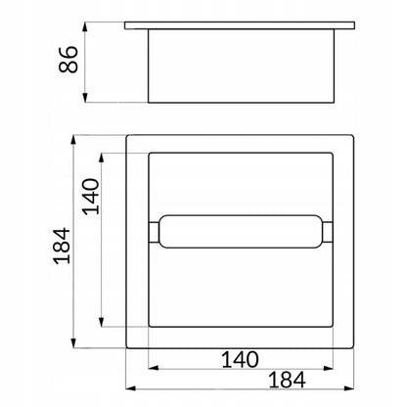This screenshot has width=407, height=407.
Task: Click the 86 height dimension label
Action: click(x=68, y=59)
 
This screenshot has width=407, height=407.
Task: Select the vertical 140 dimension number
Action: click(x=91, y=197)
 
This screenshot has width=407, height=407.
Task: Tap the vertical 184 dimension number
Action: click(x=62, y=246)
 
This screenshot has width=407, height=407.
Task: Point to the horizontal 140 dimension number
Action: click(x=240, y=359)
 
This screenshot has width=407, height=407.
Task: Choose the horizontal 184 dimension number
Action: click(x=287, y=380)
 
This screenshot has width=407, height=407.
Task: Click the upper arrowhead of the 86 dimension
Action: click(x=85, y=27)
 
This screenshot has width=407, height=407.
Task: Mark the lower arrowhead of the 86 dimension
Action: click(x=85, y=97)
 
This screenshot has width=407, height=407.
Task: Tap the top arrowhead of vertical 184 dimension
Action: click(x=73, y=140)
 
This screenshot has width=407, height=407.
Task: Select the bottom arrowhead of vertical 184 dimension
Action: click(x=73, y=343)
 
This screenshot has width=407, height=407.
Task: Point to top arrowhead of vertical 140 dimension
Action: click(x=102, y=158)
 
